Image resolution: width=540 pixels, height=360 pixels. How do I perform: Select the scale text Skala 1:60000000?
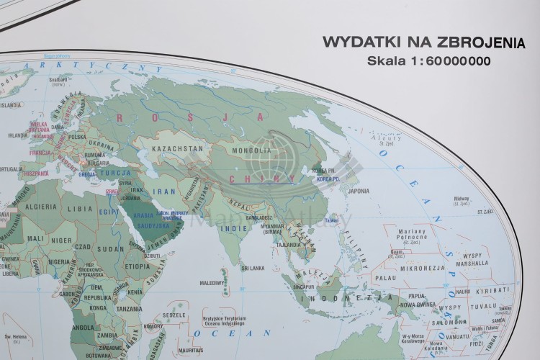pos(429,60)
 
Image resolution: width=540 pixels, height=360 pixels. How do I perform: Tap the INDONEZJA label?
pos(326,297)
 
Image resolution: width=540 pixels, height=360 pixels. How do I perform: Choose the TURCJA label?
pos(114,174)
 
